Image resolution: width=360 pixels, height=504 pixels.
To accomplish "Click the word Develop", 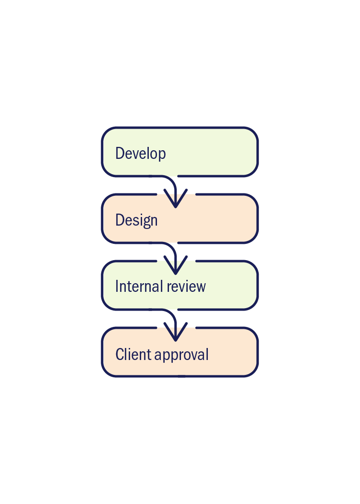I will [141, 154].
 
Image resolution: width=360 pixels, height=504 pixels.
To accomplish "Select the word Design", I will [136, 220].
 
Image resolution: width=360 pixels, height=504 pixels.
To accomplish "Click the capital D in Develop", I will [120, 153].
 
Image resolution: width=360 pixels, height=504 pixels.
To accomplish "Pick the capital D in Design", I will [120, 220].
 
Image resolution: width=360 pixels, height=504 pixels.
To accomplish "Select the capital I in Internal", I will [117, 287].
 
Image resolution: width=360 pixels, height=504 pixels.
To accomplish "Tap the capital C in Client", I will [120, 354].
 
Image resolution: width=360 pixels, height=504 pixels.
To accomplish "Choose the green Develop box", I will [216, 151].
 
